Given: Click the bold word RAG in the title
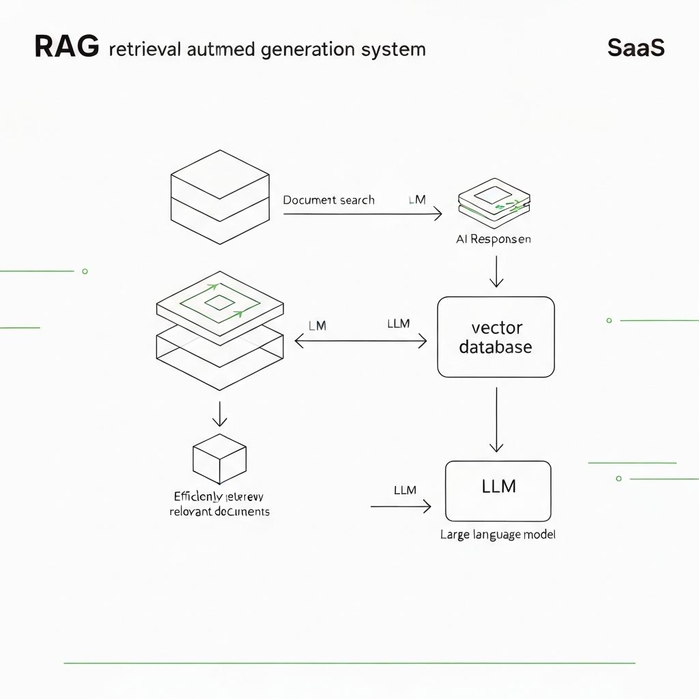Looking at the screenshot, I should pos(66,48).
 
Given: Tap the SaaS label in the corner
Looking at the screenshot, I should pos(635,48).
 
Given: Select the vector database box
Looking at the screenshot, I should pos(496,337).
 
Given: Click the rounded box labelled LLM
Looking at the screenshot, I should pos(498,491).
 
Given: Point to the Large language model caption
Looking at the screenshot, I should pos(498,535).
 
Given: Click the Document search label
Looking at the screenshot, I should pos(328,200).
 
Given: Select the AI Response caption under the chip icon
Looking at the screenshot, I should pos(493,240).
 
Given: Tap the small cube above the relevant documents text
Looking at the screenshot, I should pos(219,457).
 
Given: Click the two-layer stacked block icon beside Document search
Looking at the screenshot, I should pos(219,197).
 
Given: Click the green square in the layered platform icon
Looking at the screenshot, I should pos(219,303).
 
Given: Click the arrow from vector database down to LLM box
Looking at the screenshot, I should pos(496,419).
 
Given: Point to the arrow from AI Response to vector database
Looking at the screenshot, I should pos(496,272).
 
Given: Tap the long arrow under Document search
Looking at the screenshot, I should pos(362,214).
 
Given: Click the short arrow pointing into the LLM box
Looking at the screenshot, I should pos(401,507).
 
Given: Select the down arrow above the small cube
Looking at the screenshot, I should pos(219,414).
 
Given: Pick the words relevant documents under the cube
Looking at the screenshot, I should pos(219,511).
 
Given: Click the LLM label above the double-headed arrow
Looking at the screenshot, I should pos(398,324).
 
